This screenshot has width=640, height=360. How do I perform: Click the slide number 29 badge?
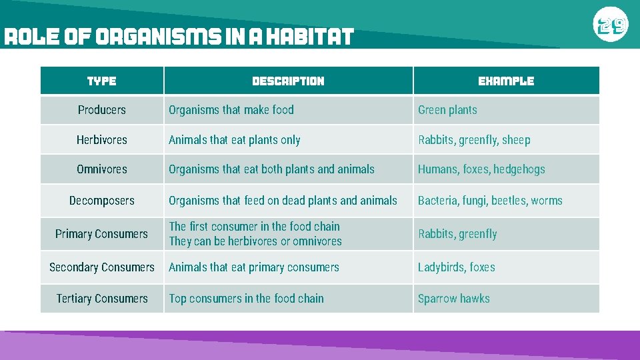click(610, 26)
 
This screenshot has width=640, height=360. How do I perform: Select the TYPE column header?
click(102, 81)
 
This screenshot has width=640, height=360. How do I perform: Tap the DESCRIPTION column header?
click(288, 81)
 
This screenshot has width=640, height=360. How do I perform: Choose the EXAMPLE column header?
click(506, 81)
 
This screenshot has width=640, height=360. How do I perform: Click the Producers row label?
click(102, 110)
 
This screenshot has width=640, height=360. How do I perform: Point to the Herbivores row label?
click(102, 140)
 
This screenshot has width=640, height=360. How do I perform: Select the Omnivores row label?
click(102, 169)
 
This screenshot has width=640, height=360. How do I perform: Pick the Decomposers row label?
click(102, 201)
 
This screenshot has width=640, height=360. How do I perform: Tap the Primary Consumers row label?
click(102, 234)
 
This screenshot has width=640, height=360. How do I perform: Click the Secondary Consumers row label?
click(102, 267)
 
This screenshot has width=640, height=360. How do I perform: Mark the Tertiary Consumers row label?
click(102, 299)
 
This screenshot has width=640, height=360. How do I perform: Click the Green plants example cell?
click(447, 110)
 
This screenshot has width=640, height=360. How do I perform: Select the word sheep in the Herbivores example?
click(516, 140)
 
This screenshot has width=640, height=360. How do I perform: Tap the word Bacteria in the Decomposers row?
click(438, 201)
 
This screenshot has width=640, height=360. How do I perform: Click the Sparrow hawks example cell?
click(453, 299)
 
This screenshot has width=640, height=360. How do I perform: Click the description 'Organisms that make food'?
click(231, 110)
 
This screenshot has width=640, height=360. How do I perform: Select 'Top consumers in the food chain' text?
click(246, 299)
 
